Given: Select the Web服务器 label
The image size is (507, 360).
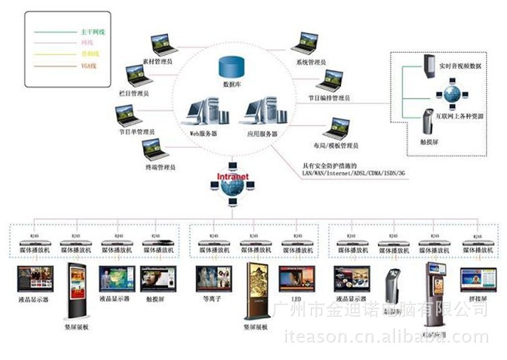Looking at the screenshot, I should pyautogui.click(x=203, y=134).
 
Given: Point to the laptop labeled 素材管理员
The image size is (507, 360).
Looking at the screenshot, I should pyautogui.click(x=163, y=45).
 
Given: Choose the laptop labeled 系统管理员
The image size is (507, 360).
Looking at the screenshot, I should pyautogui.click(x=305, y=42).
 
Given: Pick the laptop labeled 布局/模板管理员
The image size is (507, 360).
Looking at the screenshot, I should pyautogui.click(x=336, y=127).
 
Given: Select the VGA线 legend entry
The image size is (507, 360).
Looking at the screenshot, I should pyautogui.click(x=89, y=65).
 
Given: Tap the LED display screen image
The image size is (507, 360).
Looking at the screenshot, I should pyautogui.click(x=296, y=278).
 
